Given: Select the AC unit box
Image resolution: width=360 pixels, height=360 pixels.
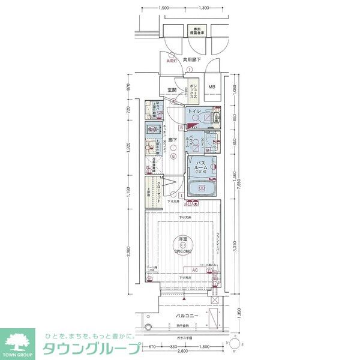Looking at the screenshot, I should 187,271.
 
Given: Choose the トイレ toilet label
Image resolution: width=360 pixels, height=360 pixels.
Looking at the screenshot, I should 194,112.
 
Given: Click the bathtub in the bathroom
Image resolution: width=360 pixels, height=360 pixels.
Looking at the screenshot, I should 202,189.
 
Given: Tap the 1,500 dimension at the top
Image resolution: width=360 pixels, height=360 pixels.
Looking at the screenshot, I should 163,8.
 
